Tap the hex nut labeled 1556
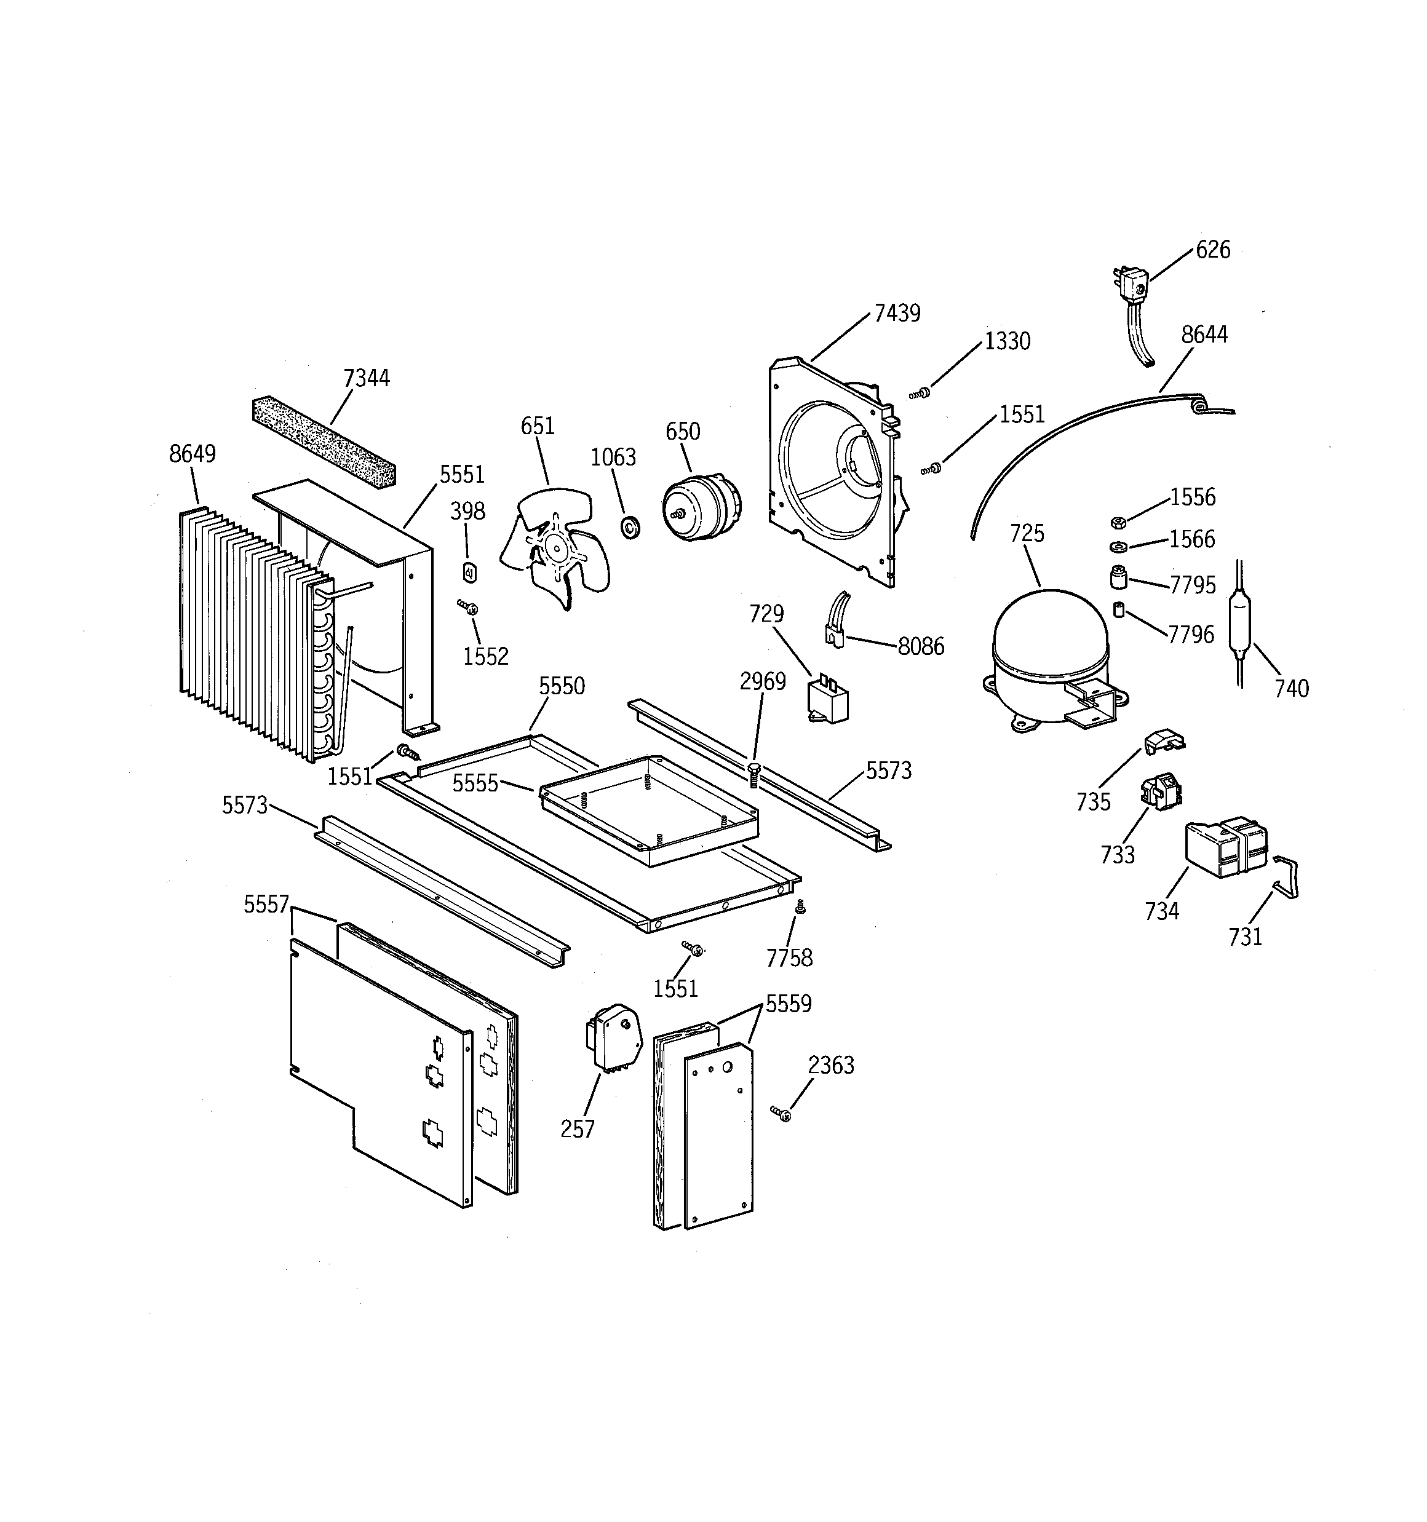[x=1118, y=522]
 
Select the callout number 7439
[x=897, y=313]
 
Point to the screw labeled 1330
[x=920, y=394]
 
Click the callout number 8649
[x=193, y=454]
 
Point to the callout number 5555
[x=475, y=783]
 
